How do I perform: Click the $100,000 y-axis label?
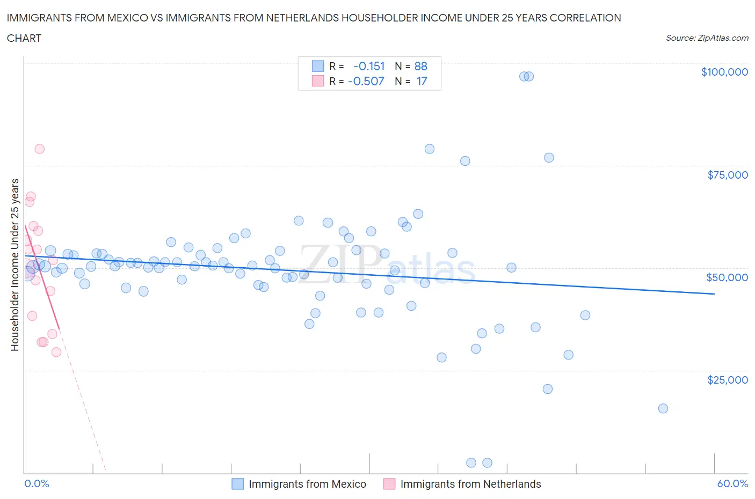724,72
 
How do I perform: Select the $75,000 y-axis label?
727,175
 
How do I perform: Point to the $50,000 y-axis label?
727,277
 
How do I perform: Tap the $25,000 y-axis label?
727,380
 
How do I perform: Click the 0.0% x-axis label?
37,483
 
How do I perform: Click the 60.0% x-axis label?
732,483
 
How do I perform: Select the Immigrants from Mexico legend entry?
307,484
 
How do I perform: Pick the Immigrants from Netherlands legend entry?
470,484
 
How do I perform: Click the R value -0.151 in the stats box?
369,66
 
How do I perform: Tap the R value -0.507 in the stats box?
366,81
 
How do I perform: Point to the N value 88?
421,66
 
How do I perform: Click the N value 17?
422,81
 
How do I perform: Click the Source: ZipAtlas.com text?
707,38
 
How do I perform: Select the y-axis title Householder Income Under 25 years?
15,265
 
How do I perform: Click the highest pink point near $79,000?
39,149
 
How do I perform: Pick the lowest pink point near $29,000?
56,352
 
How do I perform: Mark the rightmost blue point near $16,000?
663,408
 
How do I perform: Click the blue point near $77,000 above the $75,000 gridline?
549,158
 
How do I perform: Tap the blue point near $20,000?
548,389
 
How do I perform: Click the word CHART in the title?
24,38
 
